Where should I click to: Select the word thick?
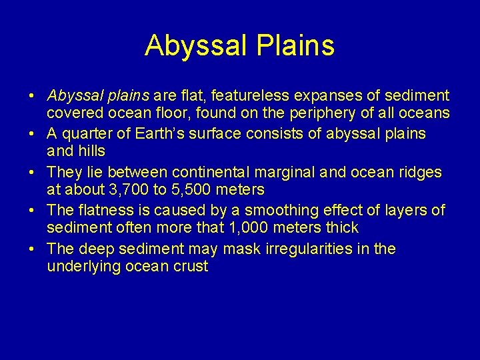pos(341,228)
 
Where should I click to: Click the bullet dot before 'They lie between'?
pos(32,172)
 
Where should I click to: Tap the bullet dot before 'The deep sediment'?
pos(32,249)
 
